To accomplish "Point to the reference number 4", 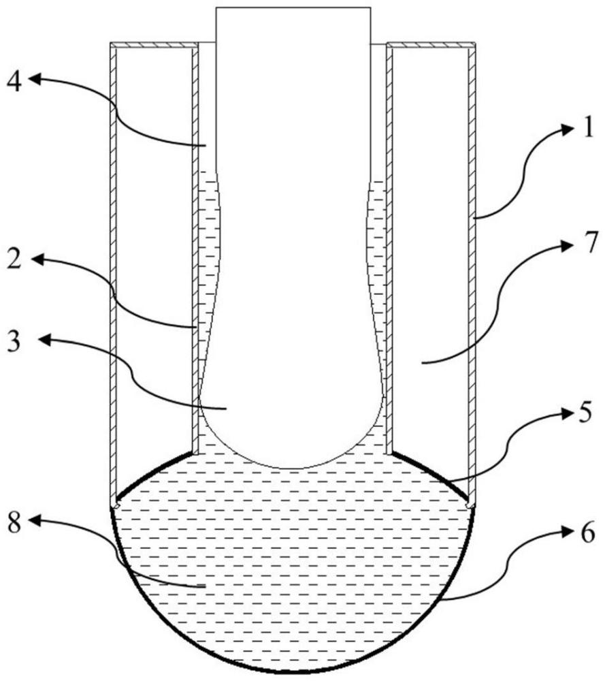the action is pos(15,83).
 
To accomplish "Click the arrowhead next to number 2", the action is pos(35,259).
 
